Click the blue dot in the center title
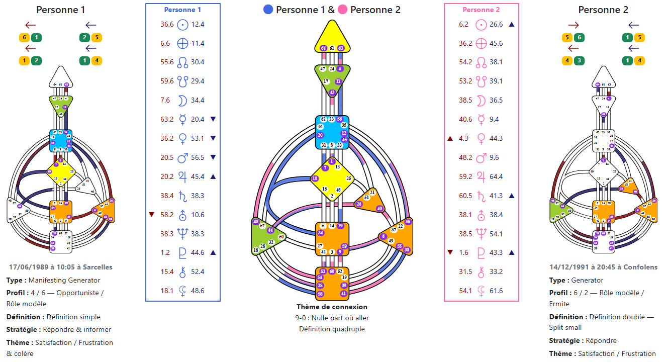[268, 10]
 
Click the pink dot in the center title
[343, 10]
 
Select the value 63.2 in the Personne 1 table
[167, 119]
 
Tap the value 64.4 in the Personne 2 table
[496, 176]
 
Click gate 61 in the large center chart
[332, 48]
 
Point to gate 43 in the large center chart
[332, 93]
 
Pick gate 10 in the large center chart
[315, 178]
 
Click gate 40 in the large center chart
[379, 209]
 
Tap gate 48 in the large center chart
[256, 222]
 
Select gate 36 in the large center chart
[408, 222]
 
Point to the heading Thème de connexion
[332, 307]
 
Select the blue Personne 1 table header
[182, 10]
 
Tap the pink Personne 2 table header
[481, 10]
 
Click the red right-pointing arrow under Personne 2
[573, 25]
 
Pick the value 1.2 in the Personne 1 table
[165, 252]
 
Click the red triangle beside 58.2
[152, 215]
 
